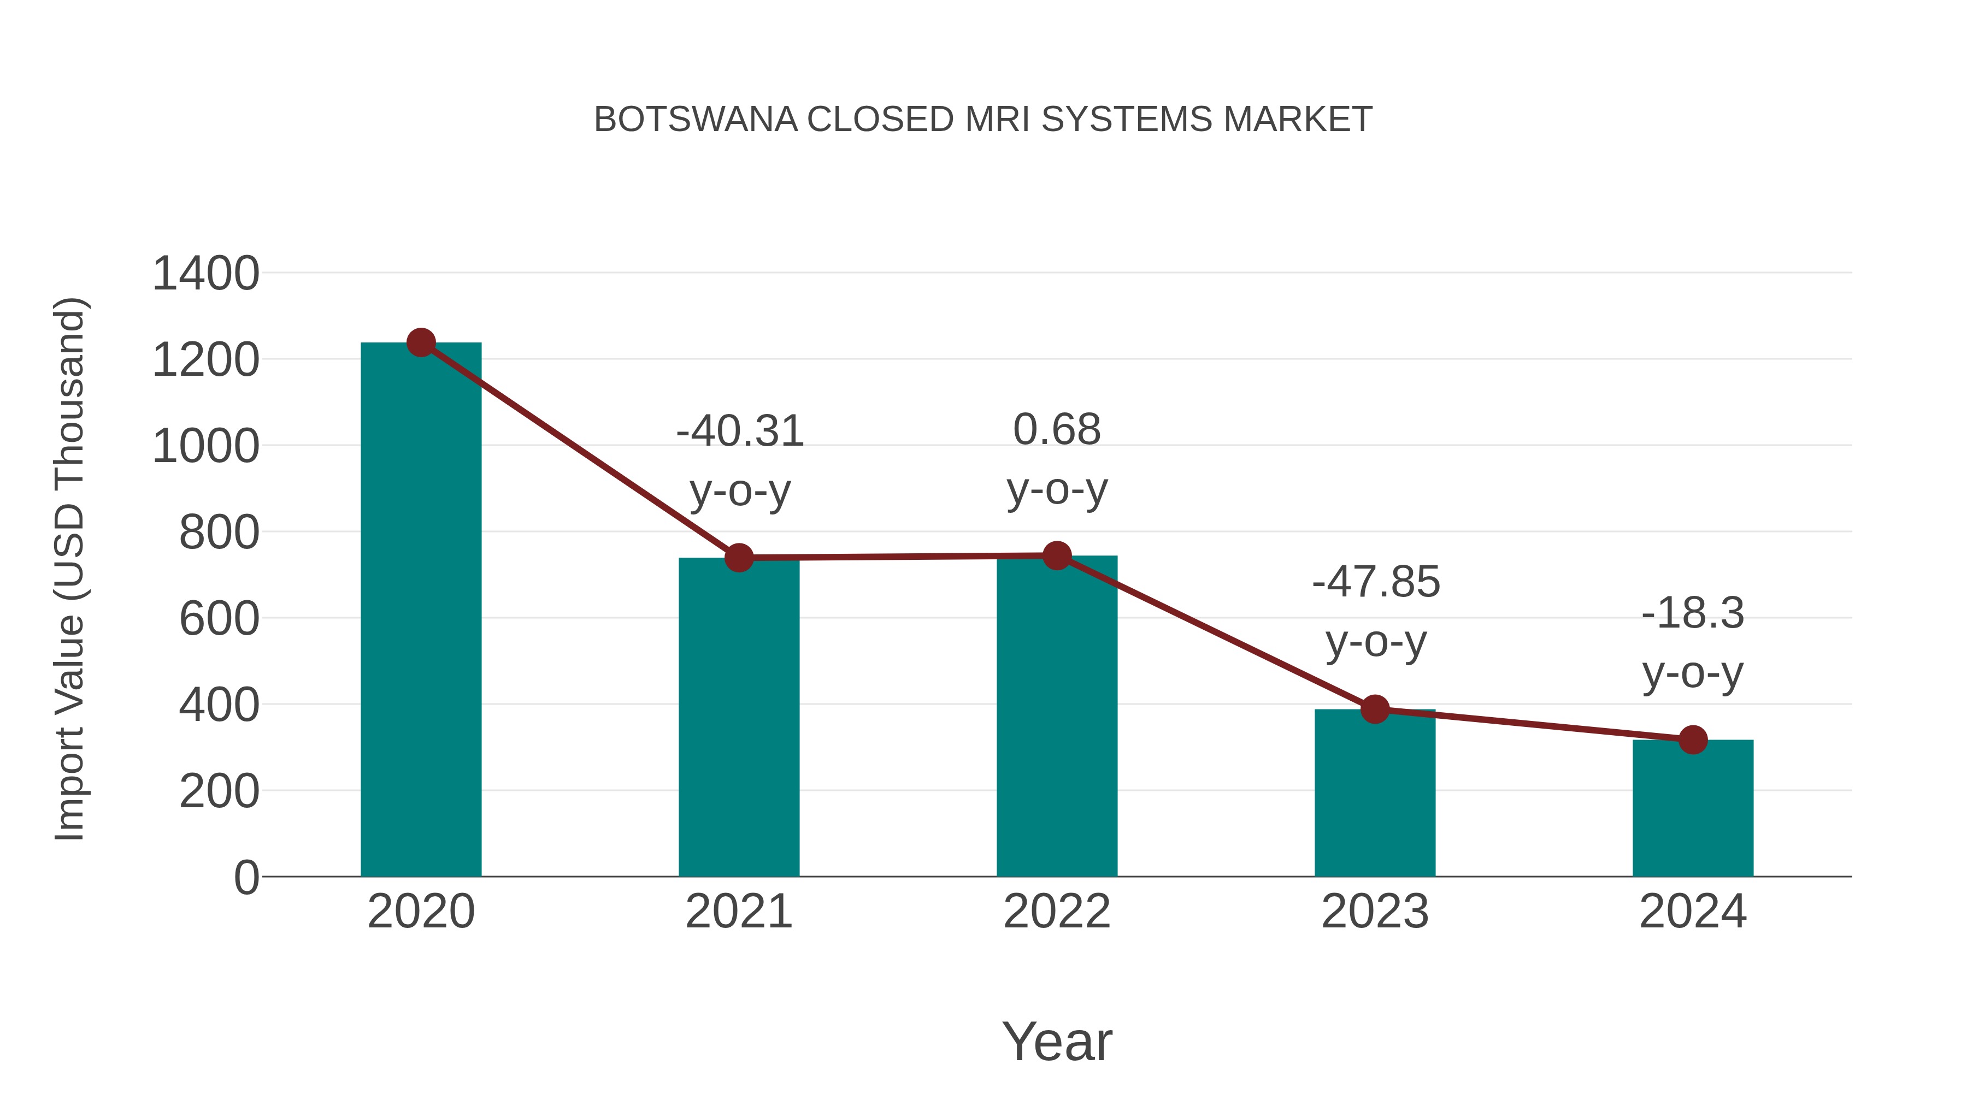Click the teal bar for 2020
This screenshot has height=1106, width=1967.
(421, 611)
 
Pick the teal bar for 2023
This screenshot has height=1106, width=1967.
(1375, 793)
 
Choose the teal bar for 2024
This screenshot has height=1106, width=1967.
(1693, 808)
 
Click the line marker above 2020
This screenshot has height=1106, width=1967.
(421, 342)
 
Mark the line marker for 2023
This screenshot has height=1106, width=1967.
(1375, 709)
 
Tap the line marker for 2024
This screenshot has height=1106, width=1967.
(1693, 740)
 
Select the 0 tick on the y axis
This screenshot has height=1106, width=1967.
(246, 878)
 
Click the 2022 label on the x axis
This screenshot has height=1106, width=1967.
(1057, 912)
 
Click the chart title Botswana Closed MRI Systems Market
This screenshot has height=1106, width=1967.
(983, 120)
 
